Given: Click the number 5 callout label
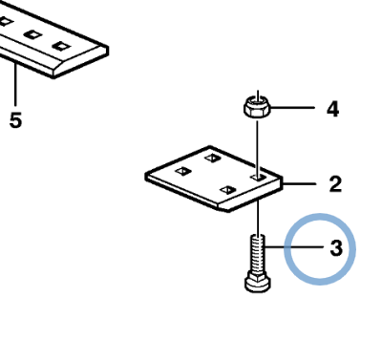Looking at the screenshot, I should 15,121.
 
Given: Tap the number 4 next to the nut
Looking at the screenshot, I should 332,109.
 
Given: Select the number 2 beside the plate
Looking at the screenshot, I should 335,182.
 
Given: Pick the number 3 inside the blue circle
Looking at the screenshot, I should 335,250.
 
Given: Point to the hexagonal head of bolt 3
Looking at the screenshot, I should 257,283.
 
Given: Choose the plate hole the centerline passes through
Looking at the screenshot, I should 257,177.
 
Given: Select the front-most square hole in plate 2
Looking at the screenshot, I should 225,191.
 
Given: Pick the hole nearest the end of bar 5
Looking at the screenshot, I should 62,46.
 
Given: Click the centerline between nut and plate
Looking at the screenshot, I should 257,143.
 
